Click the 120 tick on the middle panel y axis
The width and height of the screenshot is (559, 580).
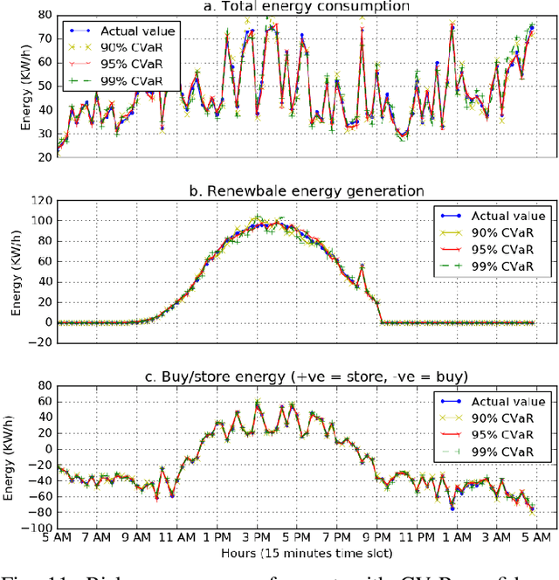click(x=38, y=202)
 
